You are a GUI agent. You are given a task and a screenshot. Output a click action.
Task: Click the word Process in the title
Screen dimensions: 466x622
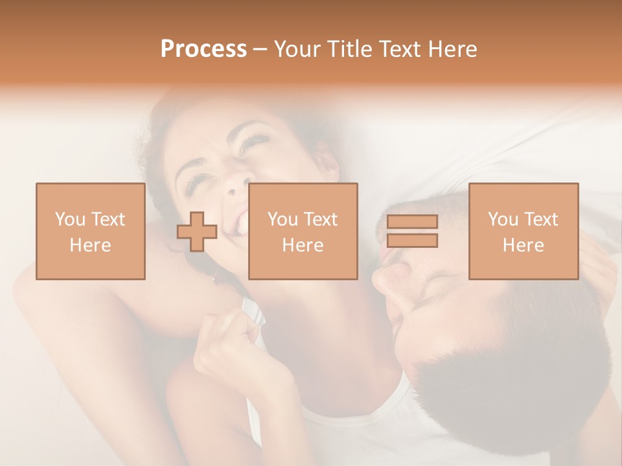(203, 49)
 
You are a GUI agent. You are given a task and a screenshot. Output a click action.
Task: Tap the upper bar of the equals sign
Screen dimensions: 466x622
(412, 222)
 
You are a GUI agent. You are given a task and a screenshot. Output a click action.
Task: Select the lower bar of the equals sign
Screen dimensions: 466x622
(412, 241)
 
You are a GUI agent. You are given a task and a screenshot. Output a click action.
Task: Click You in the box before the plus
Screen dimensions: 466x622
(69, 219)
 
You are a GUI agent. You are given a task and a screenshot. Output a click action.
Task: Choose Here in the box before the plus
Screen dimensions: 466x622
(90, 245)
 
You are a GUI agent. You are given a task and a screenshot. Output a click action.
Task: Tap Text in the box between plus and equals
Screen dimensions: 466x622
(321, 219)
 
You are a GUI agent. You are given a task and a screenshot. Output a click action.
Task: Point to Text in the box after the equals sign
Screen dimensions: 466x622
(541, 219)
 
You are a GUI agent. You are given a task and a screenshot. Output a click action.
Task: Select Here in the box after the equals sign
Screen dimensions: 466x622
(523, 245)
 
